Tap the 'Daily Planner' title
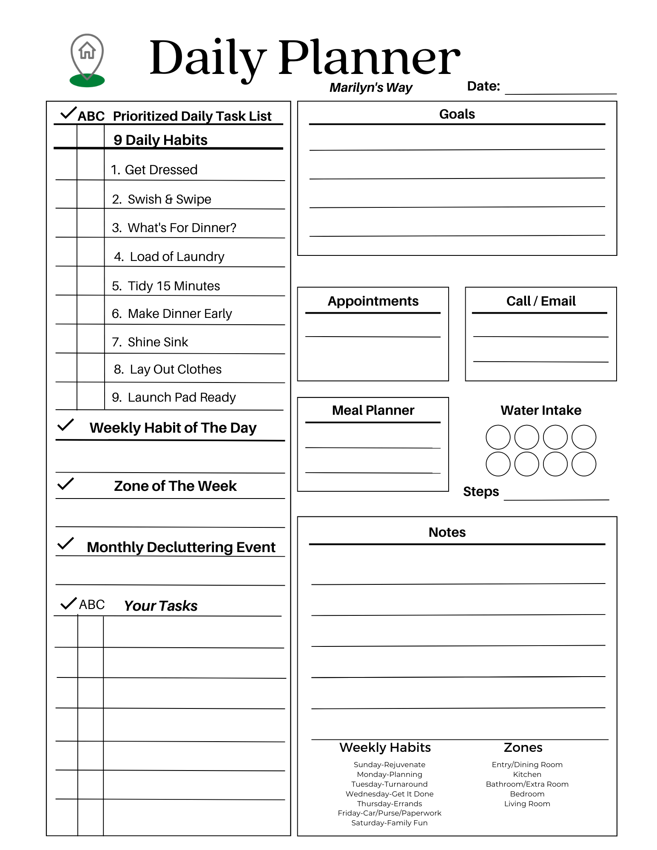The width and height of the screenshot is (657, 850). [x=304, y=58]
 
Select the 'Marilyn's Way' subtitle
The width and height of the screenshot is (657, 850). [x=371, y=88]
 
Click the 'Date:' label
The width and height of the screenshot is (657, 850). [x=484, y=86]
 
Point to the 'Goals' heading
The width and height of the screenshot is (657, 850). [x=457, y=114]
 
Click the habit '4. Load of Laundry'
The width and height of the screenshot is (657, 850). [x=169, y=257]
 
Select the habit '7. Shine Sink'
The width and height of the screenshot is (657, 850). [x=150, y=342]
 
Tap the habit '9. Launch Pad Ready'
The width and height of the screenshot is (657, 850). [x=173, y=397]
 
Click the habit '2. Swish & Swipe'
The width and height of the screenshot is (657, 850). [x=162, y=199]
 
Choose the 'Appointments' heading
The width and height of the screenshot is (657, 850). [x=373, y=301]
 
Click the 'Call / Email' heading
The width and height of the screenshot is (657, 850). [x=541, y=301]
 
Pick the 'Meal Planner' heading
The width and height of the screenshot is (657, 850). [x=373, y=411]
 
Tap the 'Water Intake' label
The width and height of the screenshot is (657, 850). [x=541, y=411]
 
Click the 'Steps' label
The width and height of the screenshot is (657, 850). [x=481, y=492]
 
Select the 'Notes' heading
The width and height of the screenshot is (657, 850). [x=447, y=533]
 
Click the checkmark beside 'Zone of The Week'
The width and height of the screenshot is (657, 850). [x=66, y=484]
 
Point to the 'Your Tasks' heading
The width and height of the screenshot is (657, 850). [x=161, y=606]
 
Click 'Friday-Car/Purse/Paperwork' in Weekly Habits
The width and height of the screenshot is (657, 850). [x=390, y=813]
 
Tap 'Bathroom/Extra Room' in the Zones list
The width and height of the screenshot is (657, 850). [x=527, y=784]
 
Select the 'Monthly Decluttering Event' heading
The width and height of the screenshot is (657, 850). [x=181, y=547]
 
